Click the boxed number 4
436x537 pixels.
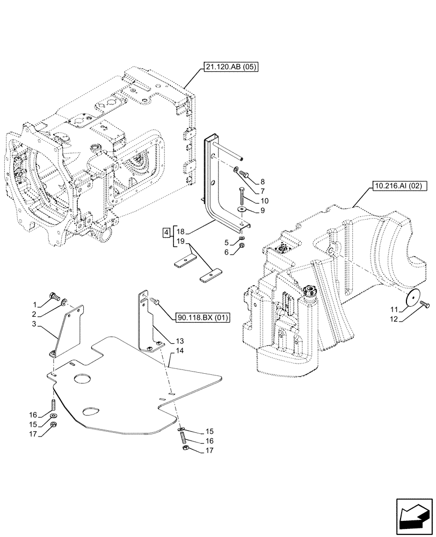coord(167,233)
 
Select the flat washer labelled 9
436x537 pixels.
coord(242,209)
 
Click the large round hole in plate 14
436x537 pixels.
coord(84,379)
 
